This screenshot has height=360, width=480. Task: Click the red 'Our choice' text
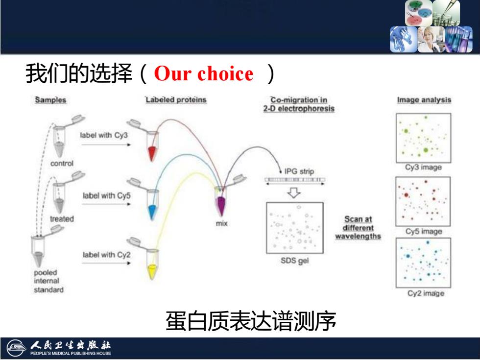[204, 74]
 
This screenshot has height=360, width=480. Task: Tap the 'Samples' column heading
[50, 100]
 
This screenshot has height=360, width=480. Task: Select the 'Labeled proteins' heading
[176, 100]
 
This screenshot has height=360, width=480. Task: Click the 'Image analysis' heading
[424, 100]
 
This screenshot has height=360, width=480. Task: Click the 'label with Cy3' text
[104, 135]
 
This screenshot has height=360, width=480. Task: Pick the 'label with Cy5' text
[107, 195]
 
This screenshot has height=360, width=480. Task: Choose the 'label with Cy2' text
[107, 255]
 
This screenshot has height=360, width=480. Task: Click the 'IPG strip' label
[299, 171]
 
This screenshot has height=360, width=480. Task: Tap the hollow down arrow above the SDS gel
[294, 192]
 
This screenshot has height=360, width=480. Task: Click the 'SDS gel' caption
[295, 261]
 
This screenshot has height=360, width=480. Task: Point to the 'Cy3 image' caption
[423, 168]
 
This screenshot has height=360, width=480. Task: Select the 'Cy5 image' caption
[424, 231]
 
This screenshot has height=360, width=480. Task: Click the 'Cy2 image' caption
[426, 293]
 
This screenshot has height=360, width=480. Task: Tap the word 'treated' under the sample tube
[62, 219]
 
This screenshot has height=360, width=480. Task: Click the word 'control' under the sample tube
[62, 164]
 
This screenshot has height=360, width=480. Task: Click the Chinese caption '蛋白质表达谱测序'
[251, 321]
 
